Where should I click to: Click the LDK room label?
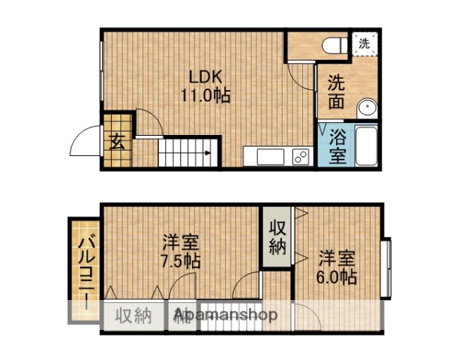pos(205,77)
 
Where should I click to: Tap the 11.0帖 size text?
pos(205,96)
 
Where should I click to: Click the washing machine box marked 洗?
pos(364,43)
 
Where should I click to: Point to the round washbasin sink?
pos(367,109)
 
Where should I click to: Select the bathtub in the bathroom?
pos(366,146)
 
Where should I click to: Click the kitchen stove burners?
pos(300,157)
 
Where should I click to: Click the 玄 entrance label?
pos(118,141)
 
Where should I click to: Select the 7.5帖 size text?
pos(181,262)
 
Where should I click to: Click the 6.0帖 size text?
pos(335,277)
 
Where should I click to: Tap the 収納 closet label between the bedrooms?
pos(278,236)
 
